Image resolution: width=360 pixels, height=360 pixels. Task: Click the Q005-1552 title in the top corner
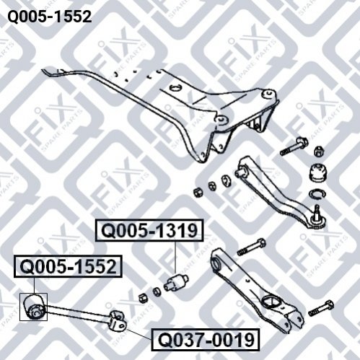(50, 17)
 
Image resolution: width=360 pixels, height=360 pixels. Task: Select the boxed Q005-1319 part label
(149, 230)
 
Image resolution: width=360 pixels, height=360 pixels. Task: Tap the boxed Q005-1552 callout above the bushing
(68, 267)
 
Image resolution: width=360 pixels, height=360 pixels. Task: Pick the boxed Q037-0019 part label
(206, 340)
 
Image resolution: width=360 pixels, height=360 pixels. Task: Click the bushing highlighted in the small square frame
(34, 307)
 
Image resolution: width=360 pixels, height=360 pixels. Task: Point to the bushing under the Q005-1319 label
(176, 282)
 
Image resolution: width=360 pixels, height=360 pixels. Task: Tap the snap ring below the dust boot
(317, 194)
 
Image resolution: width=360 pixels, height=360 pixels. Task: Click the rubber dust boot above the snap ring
(319, 172)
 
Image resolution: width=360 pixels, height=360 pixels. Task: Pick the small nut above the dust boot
(320, 152)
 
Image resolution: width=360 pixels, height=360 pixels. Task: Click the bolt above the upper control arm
(294, 146)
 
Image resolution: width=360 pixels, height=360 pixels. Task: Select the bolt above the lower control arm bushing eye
(252, 247)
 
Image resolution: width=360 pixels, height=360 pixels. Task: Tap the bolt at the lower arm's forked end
(321, 308)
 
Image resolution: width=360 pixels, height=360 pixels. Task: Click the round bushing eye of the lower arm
(217, 263)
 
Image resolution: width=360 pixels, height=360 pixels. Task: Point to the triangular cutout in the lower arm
(271, 302)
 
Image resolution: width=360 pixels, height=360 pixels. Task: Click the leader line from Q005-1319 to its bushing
(175, 258)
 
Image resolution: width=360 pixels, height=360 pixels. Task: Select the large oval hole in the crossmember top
(176, 87)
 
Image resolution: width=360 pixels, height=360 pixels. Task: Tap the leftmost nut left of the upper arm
(198, 192)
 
